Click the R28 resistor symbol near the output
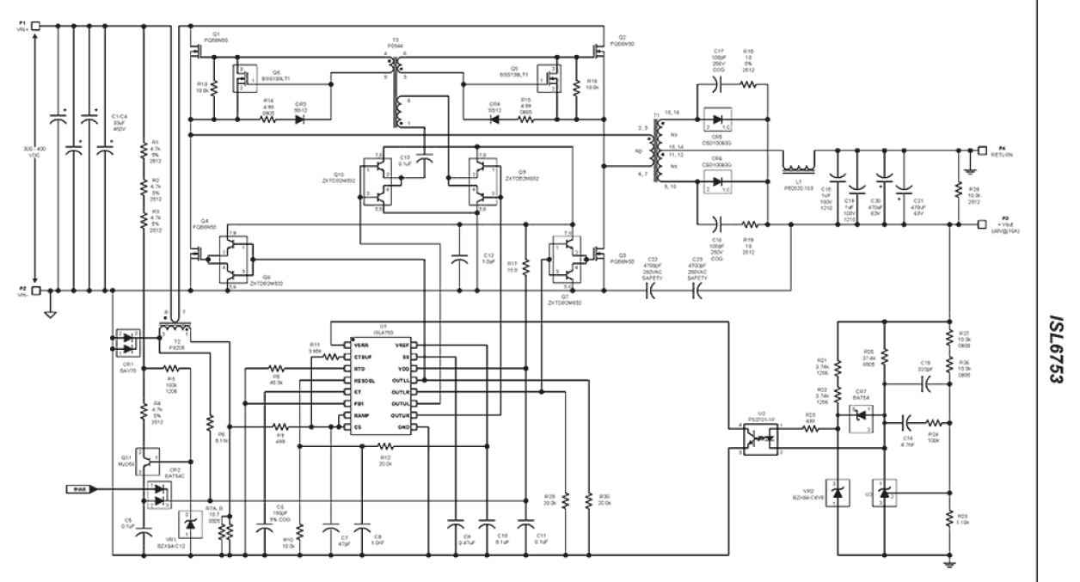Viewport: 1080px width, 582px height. click(959, 191)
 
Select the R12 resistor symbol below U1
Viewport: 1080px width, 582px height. click(385, 446)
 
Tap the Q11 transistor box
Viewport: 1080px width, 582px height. click(150, 460)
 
